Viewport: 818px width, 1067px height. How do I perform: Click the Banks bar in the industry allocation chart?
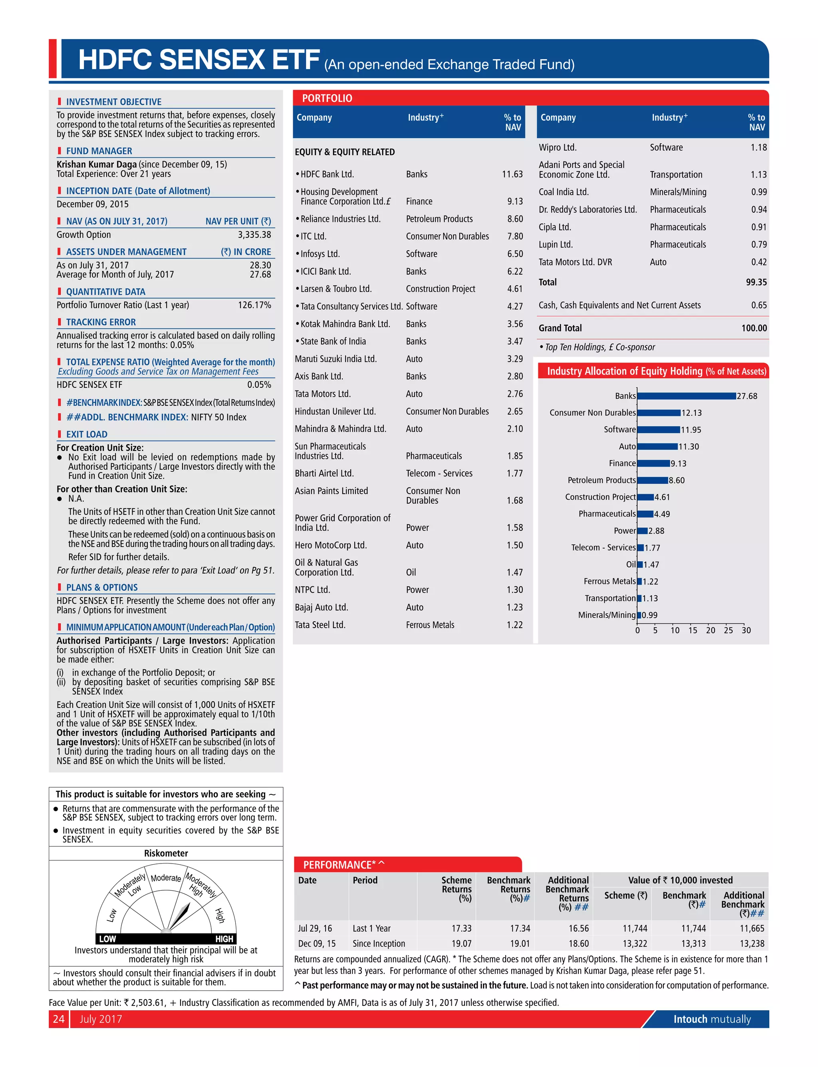click(686, 396)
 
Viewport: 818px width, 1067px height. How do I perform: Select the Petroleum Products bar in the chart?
click(653, 480)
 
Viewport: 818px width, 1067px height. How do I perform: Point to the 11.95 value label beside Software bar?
click(691, 430)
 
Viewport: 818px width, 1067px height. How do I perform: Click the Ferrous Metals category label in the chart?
click(610, 581)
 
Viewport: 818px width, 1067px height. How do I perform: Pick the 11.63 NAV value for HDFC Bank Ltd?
click(512, 174)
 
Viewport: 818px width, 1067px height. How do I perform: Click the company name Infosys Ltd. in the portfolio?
click(320, 254)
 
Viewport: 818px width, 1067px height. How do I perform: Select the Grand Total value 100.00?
click(754, 328)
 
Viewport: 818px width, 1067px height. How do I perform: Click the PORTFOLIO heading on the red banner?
click(327, 98)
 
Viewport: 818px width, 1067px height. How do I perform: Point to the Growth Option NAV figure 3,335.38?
click(254, 234)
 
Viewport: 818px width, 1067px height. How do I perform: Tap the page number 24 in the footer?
click(58, 1019)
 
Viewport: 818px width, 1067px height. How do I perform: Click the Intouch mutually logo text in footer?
click(712, 1019)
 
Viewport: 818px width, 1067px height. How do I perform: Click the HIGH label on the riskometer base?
click(224, 939)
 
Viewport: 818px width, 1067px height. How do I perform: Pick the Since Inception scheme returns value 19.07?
click(461, 943)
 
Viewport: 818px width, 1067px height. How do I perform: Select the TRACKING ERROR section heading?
click(101, 322)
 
